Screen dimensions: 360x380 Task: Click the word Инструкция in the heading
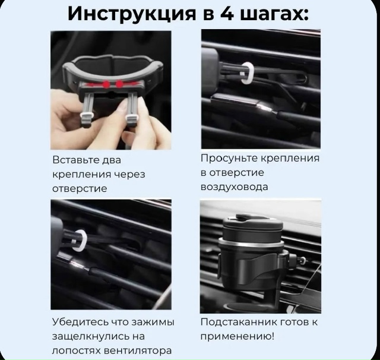tap(131, 13)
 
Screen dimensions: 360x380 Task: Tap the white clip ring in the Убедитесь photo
tap(79, 241)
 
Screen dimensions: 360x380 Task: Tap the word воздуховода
tap(234, 187)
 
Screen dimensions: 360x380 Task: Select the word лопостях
tap(74, 350)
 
